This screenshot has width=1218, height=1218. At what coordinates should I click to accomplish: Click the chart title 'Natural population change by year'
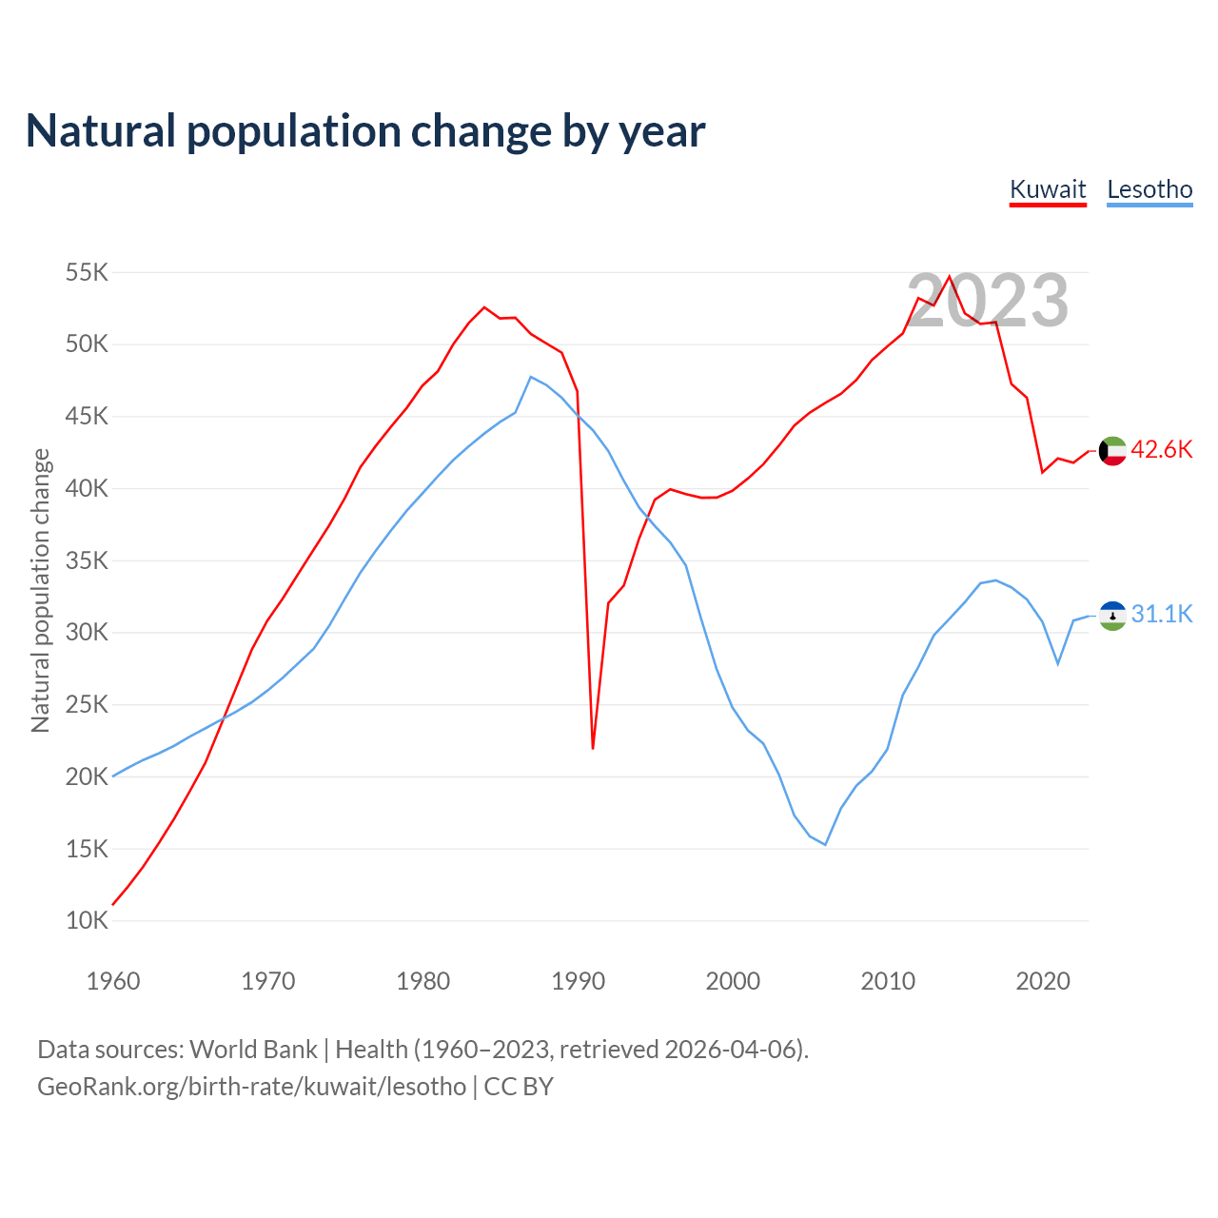(x=365, y=131)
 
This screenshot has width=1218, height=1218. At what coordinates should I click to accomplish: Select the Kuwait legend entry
(x=1048, y=189)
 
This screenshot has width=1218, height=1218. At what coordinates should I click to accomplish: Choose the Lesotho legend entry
(x=1149, y=189)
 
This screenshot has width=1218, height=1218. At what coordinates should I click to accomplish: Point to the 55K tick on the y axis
(x=88, y=273)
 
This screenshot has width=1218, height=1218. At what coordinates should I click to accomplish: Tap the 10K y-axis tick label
(x=88, y=921)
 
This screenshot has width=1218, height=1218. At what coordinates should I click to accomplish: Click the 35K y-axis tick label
(x=88, y=561)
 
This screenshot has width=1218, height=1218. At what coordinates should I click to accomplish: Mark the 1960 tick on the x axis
(x=113, y=981)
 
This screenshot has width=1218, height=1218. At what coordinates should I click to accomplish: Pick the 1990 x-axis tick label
(x=578, y=981)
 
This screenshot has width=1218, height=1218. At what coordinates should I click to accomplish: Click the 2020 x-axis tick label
(x=1043, y=981)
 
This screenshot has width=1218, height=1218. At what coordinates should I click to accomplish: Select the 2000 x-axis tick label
(x=733, y=981)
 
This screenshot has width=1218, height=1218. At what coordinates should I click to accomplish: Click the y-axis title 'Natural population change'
(x=41, y=591)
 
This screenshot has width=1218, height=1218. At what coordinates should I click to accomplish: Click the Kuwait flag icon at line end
(x=1112, y=451)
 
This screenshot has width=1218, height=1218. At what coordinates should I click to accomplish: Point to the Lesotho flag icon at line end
(x=1112, y=616)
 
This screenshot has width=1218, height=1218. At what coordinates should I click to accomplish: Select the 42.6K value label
(x=1162, y=450)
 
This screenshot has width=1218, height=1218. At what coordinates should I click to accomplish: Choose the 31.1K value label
(x=1162, y=615)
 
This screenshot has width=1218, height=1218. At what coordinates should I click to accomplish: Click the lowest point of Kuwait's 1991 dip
(x=593, y=748)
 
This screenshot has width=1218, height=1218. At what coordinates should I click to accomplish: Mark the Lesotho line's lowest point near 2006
(x=826, y=845)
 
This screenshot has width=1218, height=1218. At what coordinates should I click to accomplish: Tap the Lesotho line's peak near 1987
(x=531, y=377)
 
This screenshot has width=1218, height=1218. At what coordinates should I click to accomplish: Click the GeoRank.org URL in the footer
(x=252, y=1087)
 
